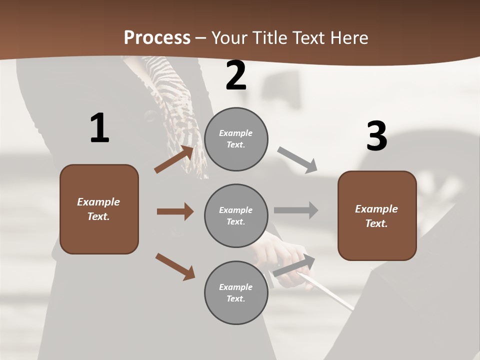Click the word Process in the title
pos(157,38)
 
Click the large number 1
pos(99,128)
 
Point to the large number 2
pos(236,76)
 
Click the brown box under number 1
pos(99,209)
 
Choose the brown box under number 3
pos(377,216)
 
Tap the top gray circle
pos(236,139)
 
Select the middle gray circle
pos(236,216)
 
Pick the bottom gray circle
pos(236,293)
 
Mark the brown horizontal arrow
pos(175,211)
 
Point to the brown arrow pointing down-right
pos(175,266)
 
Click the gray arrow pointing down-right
pos(297,160)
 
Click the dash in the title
pos(201,38)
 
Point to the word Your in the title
pos(229,38)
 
